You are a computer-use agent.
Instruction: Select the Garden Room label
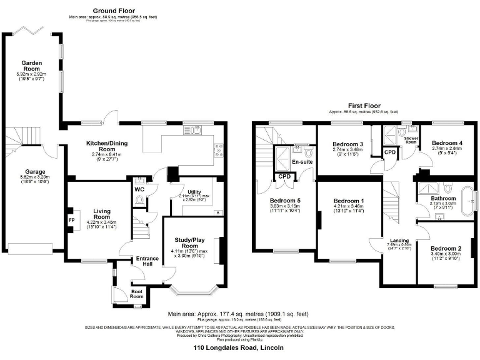click(x=31, y=66)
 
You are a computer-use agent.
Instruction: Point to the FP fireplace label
click(x=71, y=220)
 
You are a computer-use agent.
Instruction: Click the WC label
click(x=139, y=189)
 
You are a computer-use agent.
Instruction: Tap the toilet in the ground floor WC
click(x=139, y=201)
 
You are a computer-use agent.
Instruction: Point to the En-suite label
click(x=302, y=162)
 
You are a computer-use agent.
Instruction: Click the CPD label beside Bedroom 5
click(x=285, y=177)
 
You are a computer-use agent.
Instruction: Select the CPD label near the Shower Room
click(x=390, y=152)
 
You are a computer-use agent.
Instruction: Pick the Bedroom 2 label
click(x=446, y=249)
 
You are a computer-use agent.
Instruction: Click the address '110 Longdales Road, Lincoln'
click(x=239, y=347)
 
